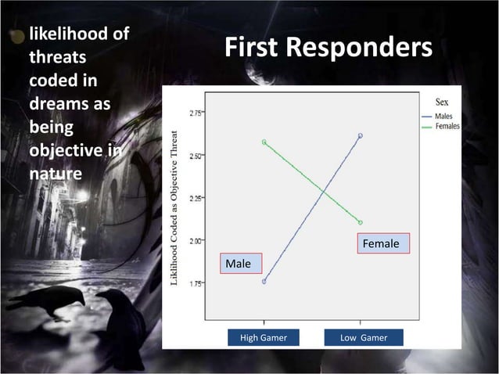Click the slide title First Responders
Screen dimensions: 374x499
click(328, 49)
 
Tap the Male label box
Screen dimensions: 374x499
click(240, 264)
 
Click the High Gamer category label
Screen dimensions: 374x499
click(263, 337)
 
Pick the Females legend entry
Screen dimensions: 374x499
click(447, 126)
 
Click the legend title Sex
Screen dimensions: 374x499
click(442, 102)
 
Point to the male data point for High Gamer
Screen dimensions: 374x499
click(264, 282)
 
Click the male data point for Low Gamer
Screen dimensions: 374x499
click(361, 135)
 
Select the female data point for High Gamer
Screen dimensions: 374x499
click(264, 142)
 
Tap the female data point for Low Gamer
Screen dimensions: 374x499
click(361, 222)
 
